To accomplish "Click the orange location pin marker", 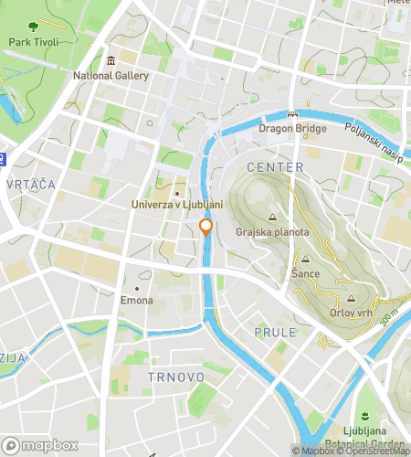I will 206,228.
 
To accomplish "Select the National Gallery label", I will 111,76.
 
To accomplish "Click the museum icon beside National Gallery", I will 111,61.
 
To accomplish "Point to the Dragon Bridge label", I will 292,129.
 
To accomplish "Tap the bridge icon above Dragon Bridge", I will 292,114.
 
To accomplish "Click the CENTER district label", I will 275,168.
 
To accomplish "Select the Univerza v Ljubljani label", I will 177,205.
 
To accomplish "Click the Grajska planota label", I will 272,232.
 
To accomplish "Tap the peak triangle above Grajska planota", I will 272,218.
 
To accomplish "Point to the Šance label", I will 304,273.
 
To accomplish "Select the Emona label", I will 137,301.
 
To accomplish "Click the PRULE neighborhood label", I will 275,332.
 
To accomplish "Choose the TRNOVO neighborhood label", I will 172,375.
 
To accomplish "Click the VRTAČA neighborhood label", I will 30,185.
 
